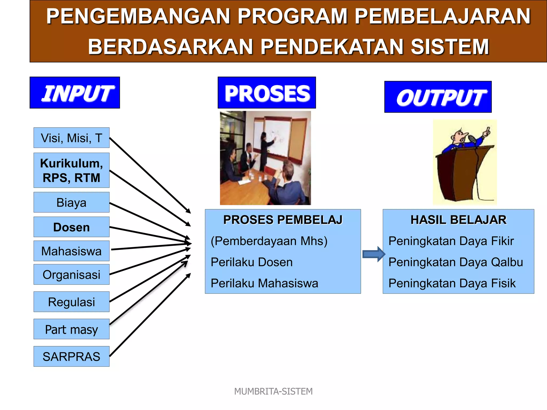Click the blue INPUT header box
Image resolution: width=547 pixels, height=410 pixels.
coord(75,93)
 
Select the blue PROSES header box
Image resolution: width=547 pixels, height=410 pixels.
coord(267,93)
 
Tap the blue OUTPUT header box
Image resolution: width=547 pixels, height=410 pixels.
coord(438,97)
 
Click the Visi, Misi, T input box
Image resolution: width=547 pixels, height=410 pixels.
coord(71,138)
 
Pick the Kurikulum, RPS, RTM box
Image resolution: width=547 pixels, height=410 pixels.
coord(71,170)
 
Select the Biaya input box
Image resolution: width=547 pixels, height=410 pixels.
coord(71,202)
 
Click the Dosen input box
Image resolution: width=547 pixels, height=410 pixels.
coord(71,227)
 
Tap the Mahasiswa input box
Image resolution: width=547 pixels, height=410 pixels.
coord(71,251)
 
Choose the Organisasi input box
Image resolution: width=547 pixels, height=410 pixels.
coord(71,274)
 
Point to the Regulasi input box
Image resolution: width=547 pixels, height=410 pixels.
coord(71,302)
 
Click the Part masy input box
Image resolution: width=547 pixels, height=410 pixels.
coord(71,329)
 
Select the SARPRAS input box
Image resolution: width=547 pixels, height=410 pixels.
coord(71,356)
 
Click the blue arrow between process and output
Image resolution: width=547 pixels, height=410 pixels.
coord(373,254)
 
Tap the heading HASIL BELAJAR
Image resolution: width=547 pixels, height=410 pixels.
coord(458,220)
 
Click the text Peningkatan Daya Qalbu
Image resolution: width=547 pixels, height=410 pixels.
coord(455,262)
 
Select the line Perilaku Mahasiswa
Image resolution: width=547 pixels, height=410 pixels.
coord(264,283)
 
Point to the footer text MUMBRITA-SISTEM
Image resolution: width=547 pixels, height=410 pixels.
coord(273,391)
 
